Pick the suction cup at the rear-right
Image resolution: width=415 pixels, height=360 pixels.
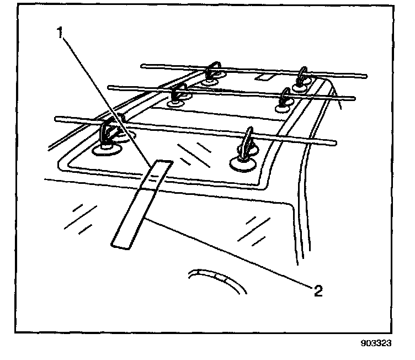pos(301,86)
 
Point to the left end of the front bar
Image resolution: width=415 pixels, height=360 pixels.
pos(57,118)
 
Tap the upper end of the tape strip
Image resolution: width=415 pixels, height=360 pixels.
pos(162,163)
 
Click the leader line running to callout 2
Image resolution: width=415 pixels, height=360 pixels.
pos(232,251)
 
